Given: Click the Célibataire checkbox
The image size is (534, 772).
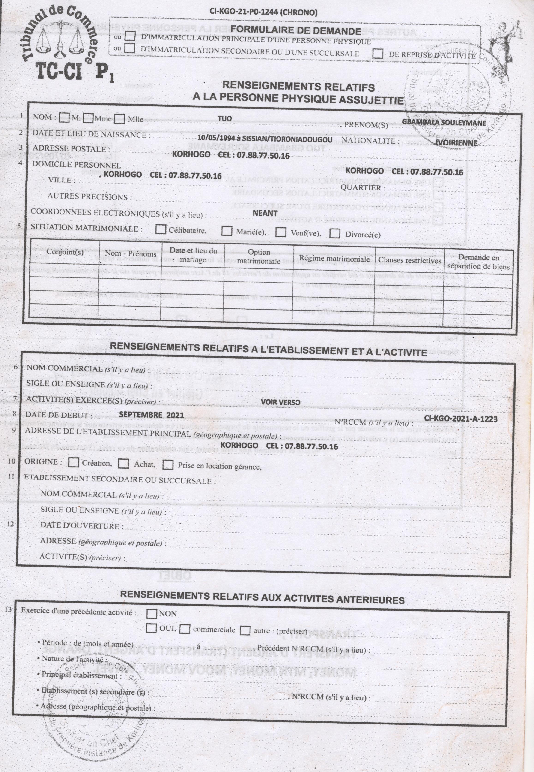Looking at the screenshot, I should [161, 229].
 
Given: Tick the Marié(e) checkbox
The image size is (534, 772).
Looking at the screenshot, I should [227, 231].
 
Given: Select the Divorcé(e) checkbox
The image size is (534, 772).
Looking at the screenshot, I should [335, 233].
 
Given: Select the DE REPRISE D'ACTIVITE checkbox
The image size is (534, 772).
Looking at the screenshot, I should [378, 54].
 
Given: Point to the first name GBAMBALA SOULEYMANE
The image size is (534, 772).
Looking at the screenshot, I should [444, 123].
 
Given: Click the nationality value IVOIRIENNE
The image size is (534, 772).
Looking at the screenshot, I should [457, 143].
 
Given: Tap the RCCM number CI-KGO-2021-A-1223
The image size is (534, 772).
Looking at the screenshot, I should [460, 419].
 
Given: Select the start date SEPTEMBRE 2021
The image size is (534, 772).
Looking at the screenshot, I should [151, 415].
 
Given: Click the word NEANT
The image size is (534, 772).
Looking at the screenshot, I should [265, 213].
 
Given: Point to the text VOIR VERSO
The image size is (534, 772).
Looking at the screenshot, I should [280, 402].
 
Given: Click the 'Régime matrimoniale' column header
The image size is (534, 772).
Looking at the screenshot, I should [334, 259].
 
